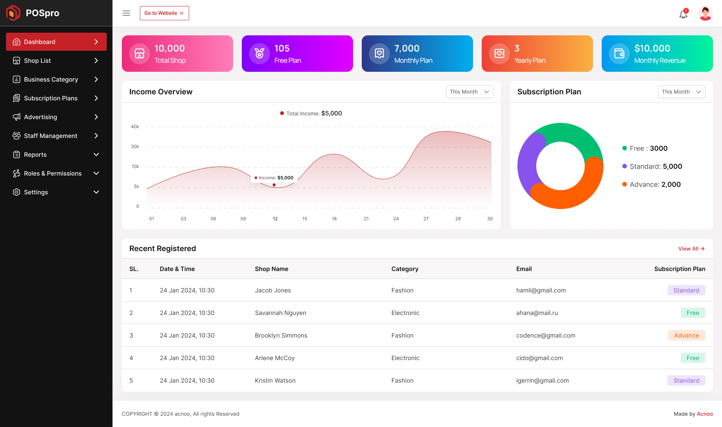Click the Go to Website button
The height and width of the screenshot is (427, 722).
pyautogui.click(x=164, y=13)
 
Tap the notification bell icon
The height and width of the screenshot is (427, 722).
pyautogui.click(x=683, y=14)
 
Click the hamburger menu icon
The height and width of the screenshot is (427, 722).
pyautogui.click(x=126, y=13)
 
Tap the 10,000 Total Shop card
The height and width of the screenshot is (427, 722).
pyautogui.click(x=177, y=53)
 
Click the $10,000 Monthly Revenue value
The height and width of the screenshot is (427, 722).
pyautogui.click(x=652, y=48)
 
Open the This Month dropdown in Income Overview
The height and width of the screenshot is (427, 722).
pyautogui.click(x=469, y=92)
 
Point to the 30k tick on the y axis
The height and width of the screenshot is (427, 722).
pyautogui.click(x=135, y=147)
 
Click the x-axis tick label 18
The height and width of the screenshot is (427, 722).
pyautogui.click(x=334, y=219)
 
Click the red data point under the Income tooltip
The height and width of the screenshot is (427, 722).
pyautogui.click(x=274, y=185)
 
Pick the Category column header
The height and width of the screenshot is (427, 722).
pyautogui.click(x=405, y=269)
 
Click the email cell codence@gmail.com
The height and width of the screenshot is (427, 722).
pyautogui.click(x=546, y=335)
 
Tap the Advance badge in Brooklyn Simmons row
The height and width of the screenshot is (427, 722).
pyautogui.click(x=686, y=335)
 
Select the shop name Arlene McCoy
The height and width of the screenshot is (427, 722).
pyautogui.click(x=275, y=358)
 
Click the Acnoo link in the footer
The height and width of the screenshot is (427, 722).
pyautogui.click(x=705, y=414)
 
